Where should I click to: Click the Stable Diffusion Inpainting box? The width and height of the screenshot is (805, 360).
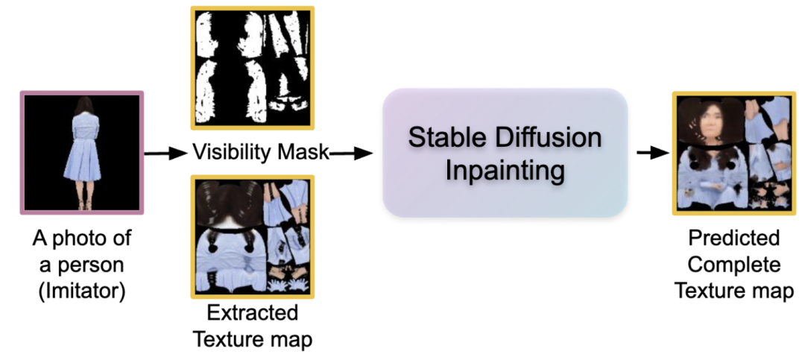click(505, 153)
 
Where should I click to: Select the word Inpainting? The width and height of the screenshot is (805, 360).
click(505, 171)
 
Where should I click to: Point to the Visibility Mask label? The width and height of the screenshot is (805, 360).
click(260, 153)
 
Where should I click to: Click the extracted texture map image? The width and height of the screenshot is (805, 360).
click(253, 236)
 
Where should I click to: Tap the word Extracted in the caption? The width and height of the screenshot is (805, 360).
click(253, 312)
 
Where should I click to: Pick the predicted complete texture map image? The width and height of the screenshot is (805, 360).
click(733, 153)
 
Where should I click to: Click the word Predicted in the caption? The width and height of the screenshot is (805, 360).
click(734, 239)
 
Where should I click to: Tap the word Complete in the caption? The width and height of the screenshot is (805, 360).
click(734, 264)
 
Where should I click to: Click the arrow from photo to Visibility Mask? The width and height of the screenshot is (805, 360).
click(165, 154)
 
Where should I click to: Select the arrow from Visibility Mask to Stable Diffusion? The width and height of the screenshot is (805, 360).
click(352, 154)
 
